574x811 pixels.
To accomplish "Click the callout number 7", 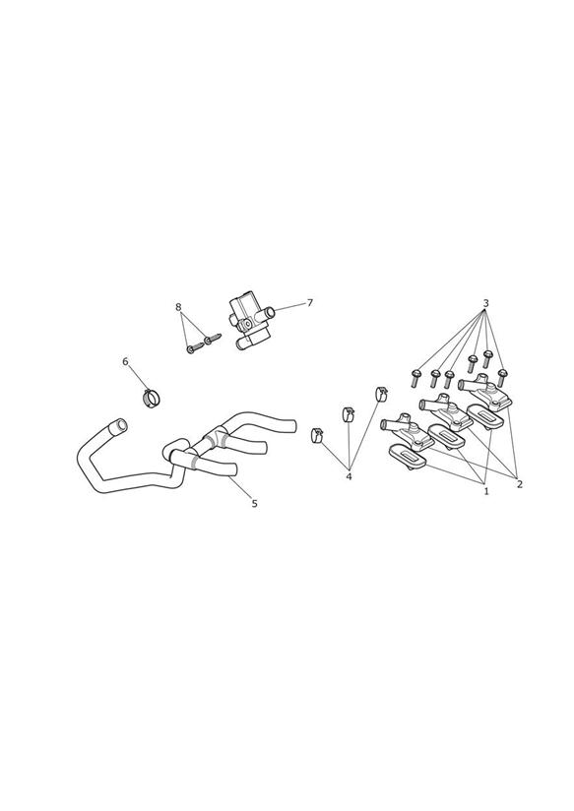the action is point(310,302).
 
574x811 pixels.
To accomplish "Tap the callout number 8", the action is point(178,307).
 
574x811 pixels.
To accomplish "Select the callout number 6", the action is point(125,361).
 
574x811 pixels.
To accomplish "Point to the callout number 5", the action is point(254,503).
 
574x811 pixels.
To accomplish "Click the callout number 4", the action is point(349,476).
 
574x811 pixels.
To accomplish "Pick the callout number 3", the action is point(485,302).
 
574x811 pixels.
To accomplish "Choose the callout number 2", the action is point(519,484).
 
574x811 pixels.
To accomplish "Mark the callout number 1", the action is point(486,491).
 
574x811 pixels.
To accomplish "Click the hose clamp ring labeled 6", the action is point(151,399).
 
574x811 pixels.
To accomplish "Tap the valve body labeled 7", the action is point(248,323).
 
